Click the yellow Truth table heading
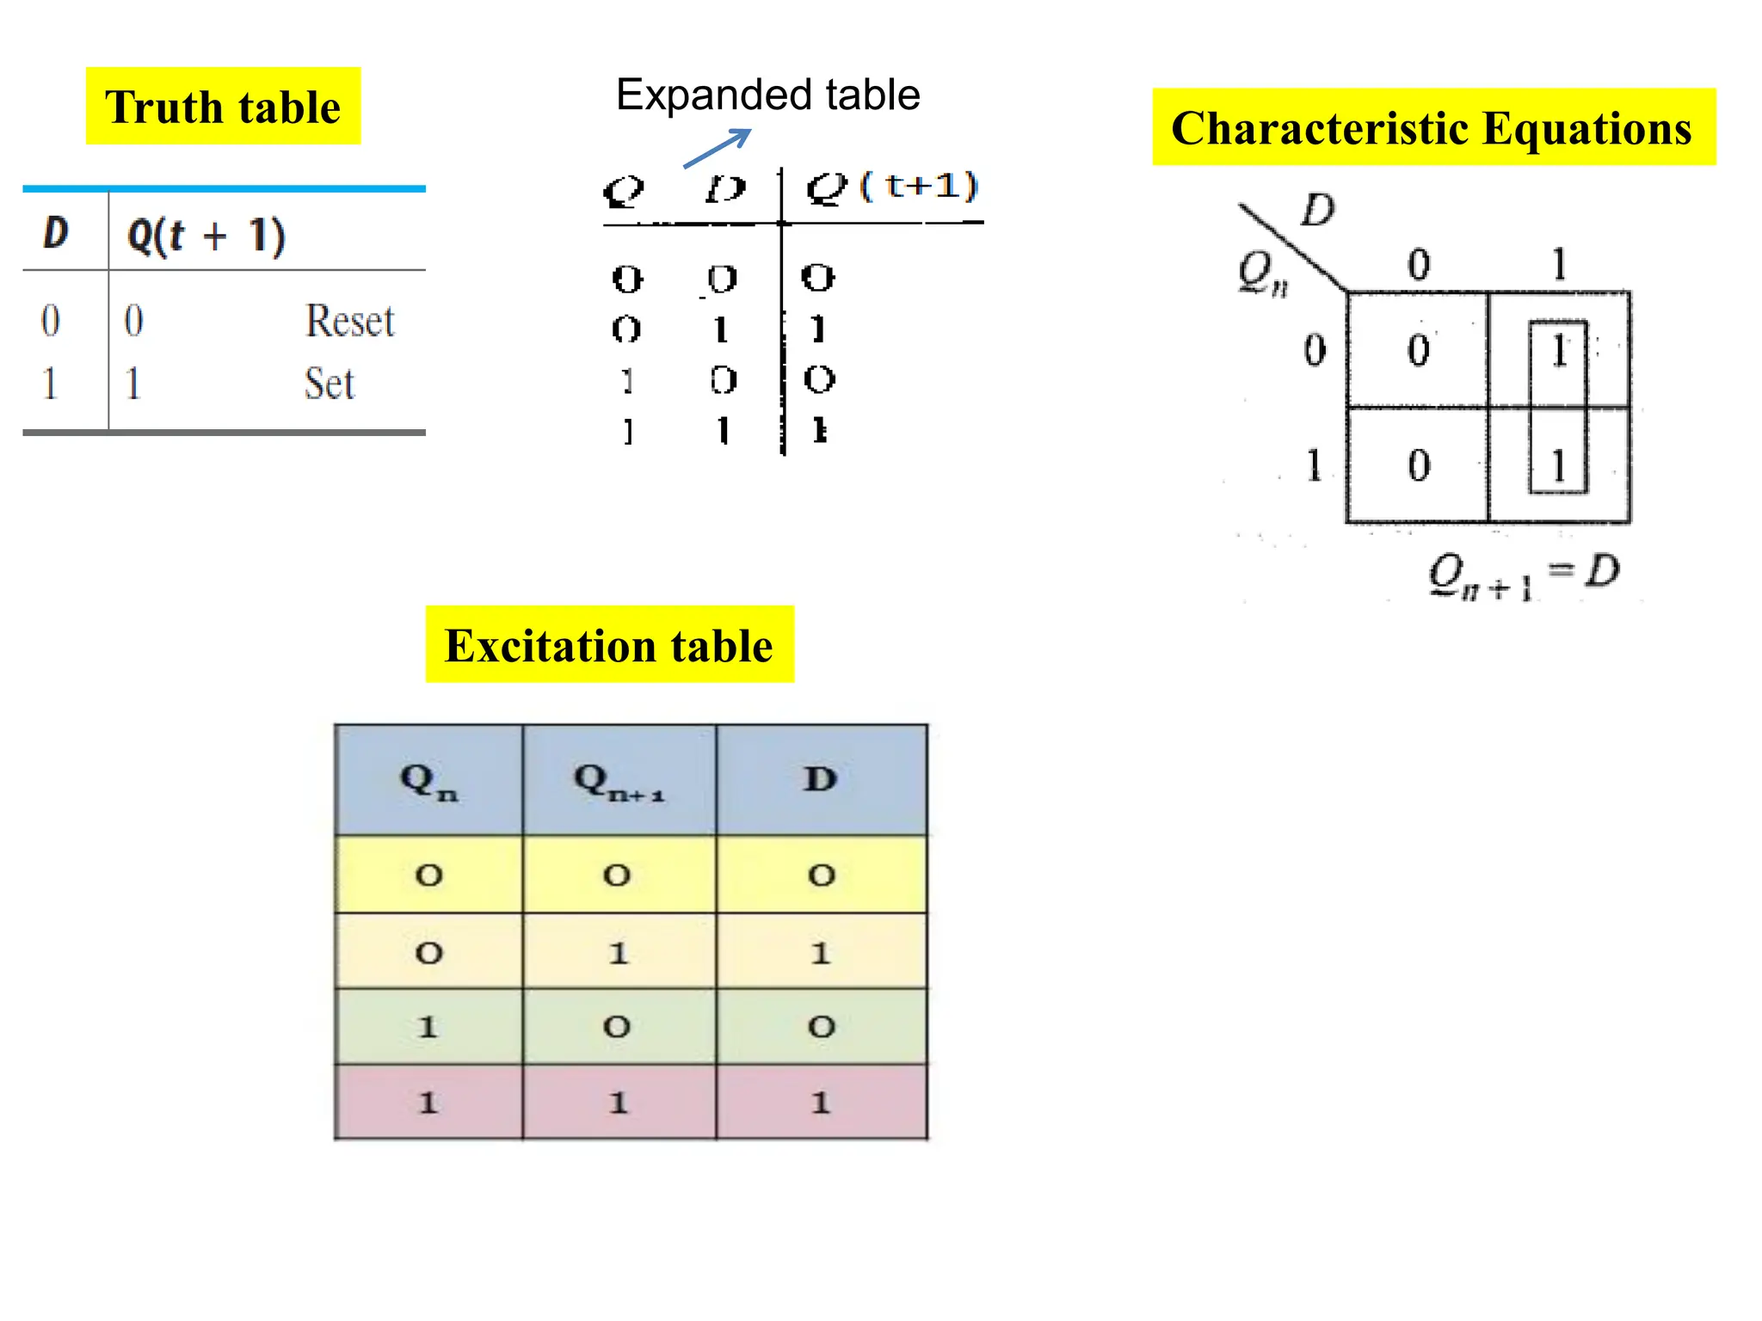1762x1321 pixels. click(223, 107)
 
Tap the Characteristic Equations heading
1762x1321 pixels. click(1432, 127)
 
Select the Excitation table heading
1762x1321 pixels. click(609, 645)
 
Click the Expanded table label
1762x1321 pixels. click(767, 95)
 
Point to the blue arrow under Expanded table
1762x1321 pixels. click(717, 148)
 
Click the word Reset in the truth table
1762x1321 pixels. click(350, 321)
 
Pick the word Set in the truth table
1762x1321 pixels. click(329, 384)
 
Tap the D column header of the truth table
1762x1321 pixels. click(56, 233)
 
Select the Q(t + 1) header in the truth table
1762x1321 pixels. click(206, 236)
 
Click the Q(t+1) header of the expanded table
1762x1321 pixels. click(892, 187)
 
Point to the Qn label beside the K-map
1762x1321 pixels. click(1262, 274)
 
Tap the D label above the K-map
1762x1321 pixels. click(1317, 210)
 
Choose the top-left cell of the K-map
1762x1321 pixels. click(1418, 350)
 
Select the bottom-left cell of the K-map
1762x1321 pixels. click(1418, 465)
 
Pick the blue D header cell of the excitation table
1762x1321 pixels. click(821, 779)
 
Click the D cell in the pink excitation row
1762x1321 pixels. click(821, 1102)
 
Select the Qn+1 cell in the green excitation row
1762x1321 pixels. click(617, 1026)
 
